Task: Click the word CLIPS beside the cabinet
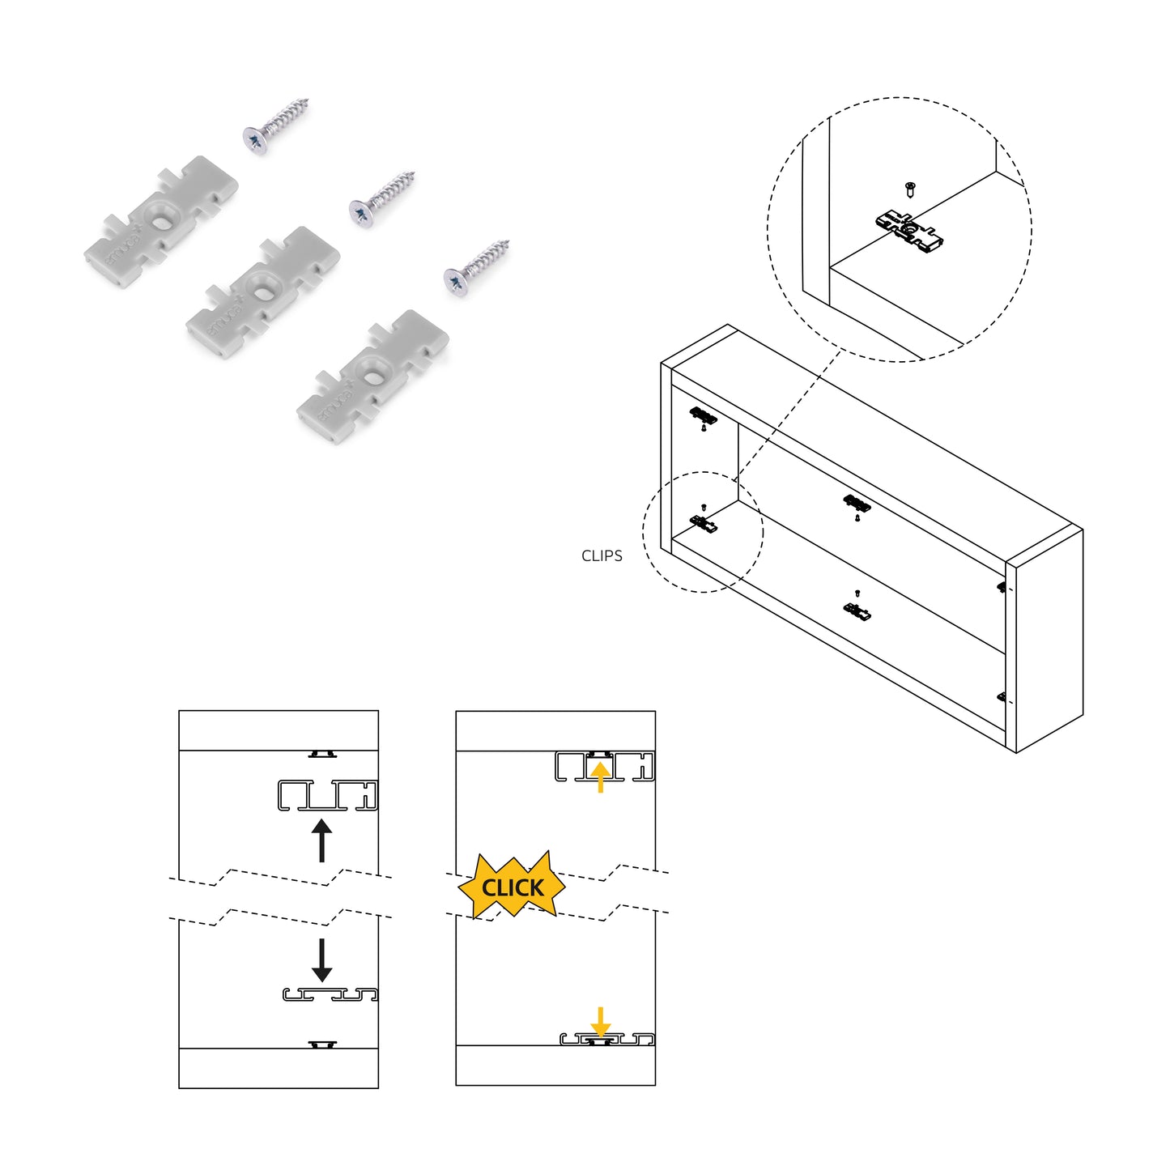coord(602,555)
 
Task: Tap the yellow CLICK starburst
coord(513,887)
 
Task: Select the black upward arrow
coord(321,840)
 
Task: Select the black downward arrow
coord(321,959)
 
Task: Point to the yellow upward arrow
coord(599,776)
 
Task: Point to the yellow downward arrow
coord(600,1022)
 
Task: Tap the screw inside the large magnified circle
coord(910,189)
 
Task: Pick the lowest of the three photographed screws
coord(476,268)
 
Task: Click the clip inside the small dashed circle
coord(704,524)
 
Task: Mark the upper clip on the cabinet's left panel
coord(703,416)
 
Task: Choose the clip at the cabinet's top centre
coord(857,504)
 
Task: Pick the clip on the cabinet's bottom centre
coord(857,611)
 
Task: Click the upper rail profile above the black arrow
coord(327,795)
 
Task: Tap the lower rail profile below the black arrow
coord(330,994)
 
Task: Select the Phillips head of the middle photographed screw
coord(360,212)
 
